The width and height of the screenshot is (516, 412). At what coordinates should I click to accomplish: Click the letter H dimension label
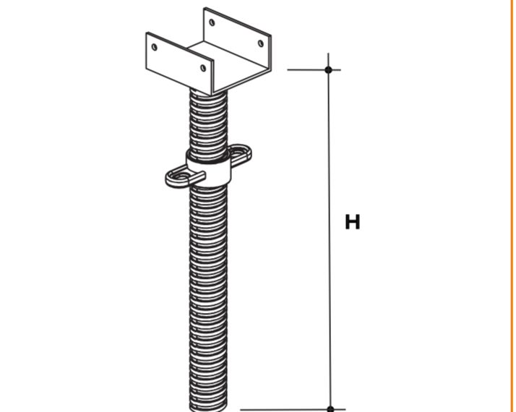click(x=353, y=222)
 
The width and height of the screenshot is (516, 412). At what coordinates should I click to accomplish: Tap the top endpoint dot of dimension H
click(x=328, y=70)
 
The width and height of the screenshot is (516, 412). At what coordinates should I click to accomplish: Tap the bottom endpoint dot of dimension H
click(x=330, y=409)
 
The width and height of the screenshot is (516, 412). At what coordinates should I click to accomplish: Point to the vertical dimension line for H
click(x=330, y=232)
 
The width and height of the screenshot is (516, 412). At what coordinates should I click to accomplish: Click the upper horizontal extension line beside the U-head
click(x=314, y=70)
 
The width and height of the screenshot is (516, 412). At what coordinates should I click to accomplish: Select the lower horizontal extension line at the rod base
click(x=293, y=410)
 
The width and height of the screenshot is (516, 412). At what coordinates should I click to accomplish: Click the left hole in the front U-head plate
click(x=155, y=47)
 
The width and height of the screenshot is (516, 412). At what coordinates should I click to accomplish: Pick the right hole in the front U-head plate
click(x=203, y=68)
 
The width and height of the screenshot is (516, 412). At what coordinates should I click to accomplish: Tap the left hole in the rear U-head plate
click(x=212, y=22)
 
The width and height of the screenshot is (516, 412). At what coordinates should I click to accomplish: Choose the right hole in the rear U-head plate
click(x=261, y=43)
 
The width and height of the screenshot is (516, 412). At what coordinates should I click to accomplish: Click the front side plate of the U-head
click(x=179, y=63)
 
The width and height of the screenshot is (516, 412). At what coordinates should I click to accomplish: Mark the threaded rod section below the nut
click(x=209, y=296)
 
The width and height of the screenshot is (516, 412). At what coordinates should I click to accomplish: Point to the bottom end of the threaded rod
click(x=209, y=409)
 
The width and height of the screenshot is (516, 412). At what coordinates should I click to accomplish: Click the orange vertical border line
click(x=511, y=206)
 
